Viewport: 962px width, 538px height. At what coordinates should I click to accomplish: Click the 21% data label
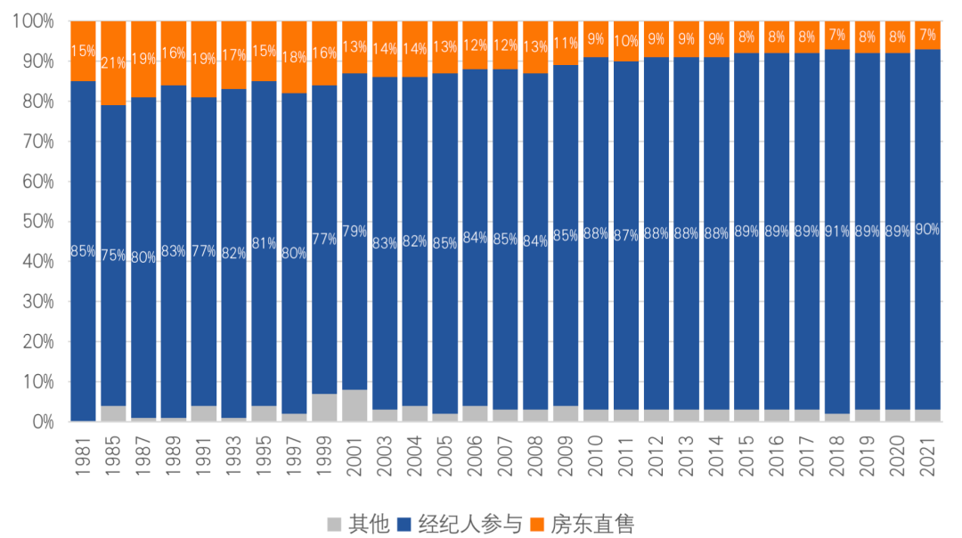[x=113, y=63]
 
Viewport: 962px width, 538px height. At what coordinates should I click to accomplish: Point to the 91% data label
[x=837, y=232]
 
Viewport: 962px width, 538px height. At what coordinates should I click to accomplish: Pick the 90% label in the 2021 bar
[x=927, y=229]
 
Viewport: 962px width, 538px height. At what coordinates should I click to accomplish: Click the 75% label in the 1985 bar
[x=113, y=256]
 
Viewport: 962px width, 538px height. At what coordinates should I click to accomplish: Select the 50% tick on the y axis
[x=37, y=222]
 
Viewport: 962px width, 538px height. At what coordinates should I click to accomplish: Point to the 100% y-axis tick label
[x=33, y=21]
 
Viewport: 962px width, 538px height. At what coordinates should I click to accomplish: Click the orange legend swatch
[x=537, y=524]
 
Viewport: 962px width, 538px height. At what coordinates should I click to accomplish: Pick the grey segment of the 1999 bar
[x=324, y=407]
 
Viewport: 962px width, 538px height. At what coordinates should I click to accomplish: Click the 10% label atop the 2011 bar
[x=626, y=41]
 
